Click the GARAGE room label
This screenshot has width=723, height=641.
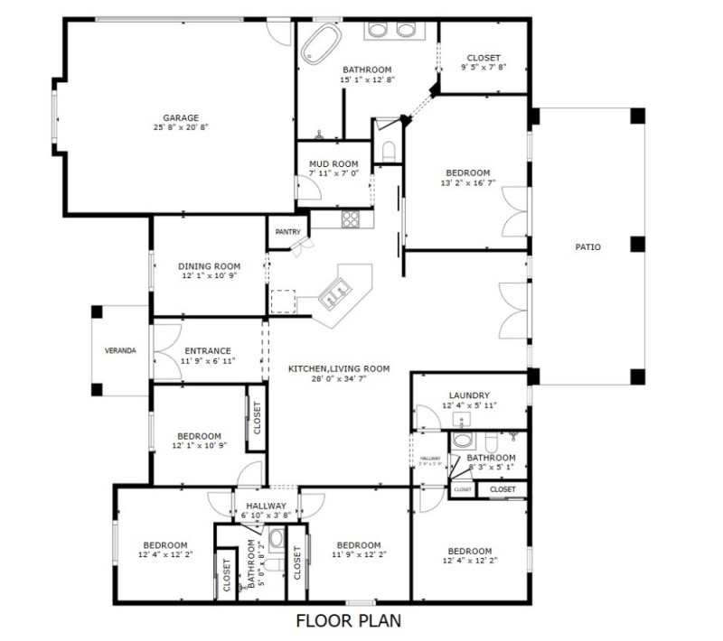click(181, 117)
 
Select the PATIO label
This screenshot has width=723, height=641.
click(587, 246)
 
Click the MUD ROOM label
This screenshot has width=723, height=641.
click(333, 163)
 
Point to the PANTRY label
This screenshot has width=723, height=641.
click(287, 232)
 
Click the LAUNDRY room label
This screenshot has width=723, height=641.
click(469, 395)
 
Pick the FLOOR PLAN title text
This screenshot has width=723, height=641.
click(348, 621)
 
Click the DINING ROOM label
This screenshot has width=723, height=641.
click(209, 266)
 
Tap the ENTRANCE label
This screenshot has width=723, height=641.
click(208, 351)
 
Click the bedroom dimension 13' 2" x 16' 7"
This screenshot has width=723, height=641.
click(467, 183)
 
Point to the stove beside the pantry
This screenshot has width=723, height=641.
click(351, 218)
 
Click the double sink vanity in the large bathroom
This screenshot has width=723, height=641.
click(391, 30)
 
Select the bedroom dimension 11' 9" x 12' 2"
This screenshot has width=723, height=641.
click(358, 556)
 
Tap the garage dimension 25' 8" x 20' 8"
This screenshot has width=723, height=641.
click(181, 128)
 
